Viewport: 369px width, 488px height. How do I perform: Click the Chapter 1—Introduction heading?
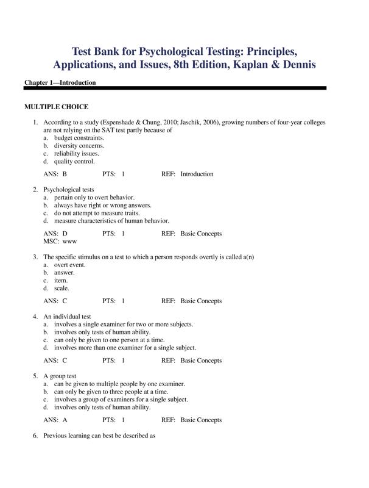[60, 82]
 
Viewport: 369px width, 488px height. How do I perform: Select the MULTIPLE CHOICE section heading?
[56, 107]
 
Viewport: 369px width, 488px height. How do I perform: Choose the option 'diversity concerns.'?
[79, 146]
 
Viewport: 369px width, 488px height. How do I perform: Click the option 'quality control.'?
[74, 162]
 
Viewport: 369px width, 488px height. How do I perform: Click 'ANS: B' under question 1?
[55, 174]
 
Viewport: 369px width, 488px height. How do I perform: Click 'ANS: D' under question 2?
[55, 234]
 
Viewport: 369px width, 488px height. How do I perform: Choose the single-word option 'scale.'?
[61, 289]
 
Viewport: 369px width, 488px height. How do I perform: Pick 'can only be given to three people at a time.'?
[111, 392]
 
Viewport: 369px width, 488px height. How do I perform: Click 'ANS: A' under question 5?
[55, 420]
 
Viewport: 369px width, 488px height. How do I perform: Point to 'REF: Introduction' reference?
[188, 174]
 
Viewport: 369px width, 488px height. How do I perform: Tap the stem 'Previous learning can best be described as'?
[99, 436]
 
